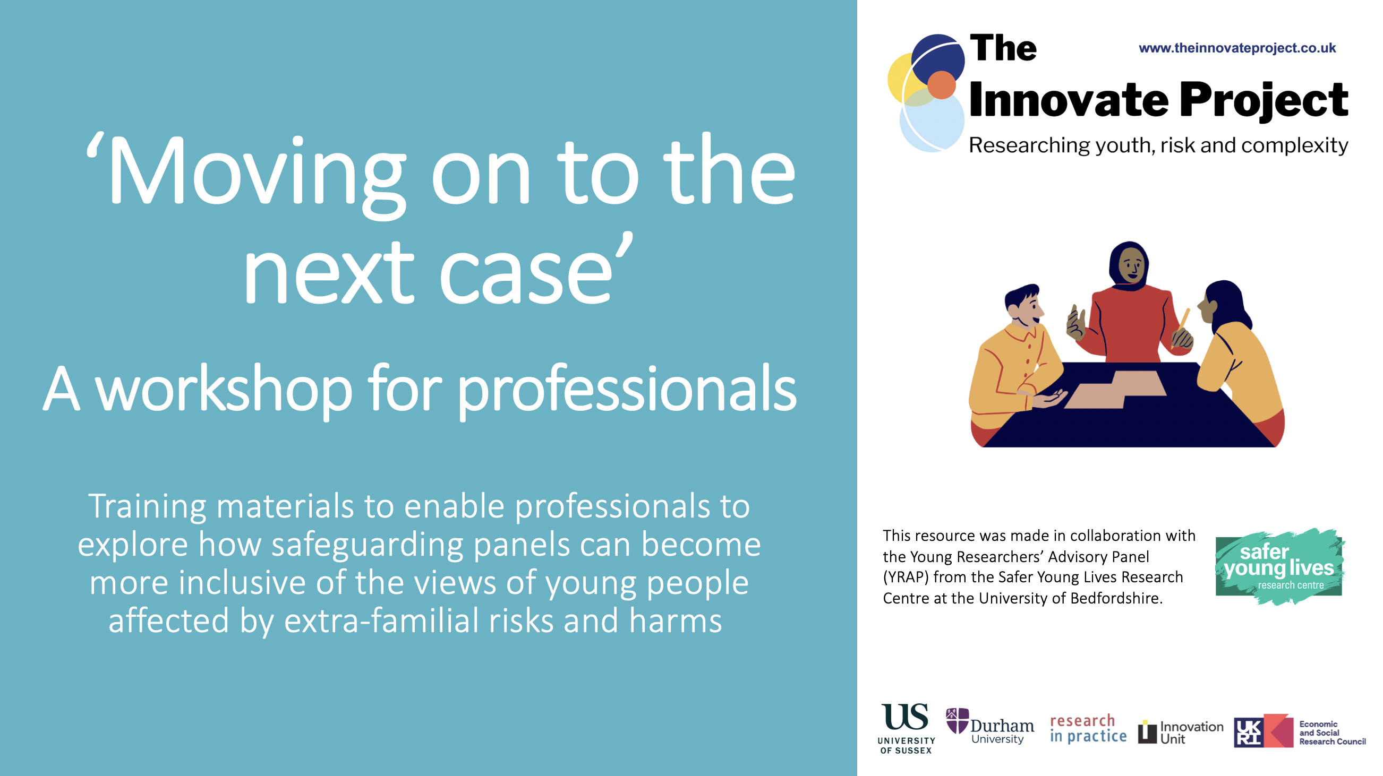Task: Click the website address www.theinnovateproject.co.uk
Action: pyautogui.click(x=1237, y=48)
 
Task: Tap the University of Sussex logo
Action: pyautogui.click(x=906, y=728)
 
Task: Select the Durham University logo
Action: pyautogui.click(x=989, y=726)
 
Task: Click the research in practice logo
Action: pyautogui.click(x=1088, y=728)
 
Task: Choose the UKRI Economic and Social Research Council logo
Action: pyautogui.click(x=1300, y=731)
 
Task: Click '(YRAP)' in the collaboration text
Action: pyautogui.click(x=906, y=577)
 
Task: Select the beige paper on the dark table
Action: pyautogui.click(x=1116, y=389)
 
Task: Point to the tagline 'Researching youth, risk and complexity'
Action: pyautogui.click(x=1158, y=145)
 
